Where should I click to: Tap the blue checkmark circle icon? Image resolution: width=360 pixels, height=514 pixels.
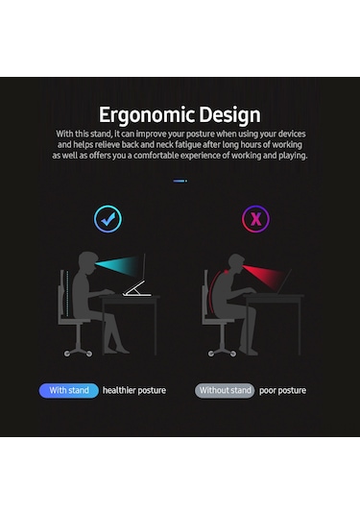[x=108, y=219]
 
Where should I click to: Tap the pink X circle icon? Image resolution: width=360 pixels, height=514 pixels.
[x=254, y=219]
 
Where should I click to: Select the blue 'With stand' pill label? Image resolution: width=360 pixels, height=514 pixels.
[x=68, y=391]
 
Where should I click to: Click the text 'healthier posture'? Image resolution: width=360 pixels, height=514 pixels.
[x=134, y=391]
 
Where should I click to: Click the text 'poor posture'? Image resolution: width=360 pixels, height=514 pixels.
[x=282, y=391]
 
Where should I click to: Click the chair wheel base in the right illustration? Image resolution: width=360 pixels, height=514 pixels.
[x=220, y=351]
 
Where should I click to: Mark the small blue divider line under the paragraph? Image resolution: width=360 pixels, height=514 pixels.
[x=180, y=181]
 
